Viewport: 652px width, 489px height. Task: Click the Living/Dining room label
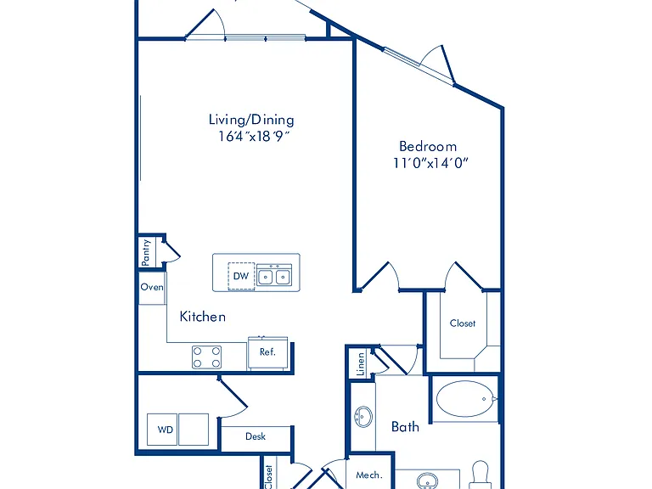[251, 121]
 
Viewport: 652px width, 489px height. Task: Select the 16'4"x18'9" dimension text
[254, 136]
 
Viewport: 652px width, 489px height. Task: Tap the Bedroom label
[428, 146]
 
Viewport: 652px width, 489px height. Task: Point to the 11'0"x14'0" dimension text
[430, 163]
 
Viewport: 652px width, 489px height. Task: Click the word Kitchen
[203, 317]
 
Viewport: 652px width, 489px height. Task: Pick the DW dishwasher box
[241, 276]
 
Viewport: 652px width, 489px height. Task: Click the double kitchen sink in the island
[274, 276]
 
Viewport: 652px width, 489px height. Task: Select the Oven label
[152, 287]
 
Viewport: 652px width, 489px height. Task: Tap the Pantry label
[145, 252]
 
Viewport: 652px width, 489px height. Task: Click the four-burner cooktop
[206, 357]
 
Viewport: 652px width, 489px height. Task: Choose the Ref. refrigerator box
[267, 352]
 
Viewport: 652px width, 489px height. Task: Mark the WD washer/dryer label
[165, 430]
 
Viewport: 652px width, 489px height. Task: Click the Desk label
[256, 436]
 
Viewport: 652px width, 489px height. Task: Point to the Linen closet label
[361, 364]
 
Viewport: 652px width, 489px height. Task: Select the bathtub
[465, 399]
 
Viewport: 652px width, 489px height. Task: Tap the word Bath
[405, 427]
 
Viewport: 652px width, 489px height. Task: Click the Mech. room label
[368, 475]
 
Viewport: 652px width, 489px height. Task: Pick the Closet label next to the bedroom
[463, 323]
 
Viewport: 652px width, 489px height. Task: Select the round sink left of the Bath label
[363, 417]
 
